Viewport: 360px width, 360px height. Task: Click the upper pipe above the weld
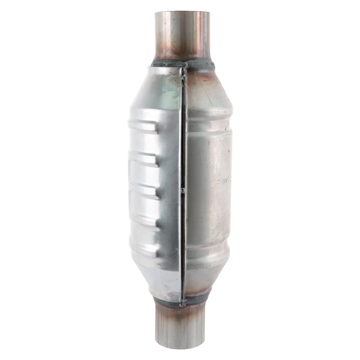click(x=182, y=36)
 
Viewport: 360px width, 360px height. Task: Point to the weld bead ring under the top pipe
click(x=183, y=64)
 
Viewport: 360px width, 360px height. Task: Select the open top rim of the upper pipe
click(x=182, y=13)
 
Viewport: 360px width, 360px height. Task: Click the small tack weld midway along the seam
click(x=183, y=191)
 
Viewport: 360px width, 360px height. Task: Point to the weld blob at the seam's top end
click(x=184, y=66)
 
